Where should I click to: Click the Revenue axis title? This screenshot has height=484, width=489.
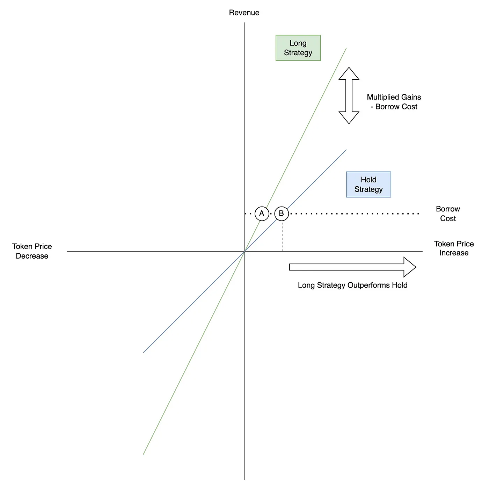(x=244, y=13)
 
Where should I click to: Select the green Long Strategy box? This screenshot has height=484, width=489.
(x=298, y=48)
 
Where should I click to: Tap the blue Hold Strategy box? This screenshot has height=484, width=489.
(x=368, y=185)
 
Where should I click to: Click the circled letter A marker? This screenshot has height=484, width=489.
(x=262, y=214)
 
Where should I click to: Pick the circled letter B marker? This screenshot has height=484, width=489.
(x=282, y=214)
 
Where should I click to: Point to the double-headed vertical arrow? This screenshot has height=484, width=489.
(x=349, y=95)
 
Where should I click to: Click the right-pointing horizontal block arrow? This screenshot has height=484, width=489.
(x=352, y=267)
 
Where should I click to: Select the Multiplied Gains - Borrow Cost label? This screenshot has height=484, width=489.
(x=394, y=102)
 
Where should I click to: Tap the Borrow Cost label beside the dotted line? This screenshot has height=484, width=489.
(x=448, y=214)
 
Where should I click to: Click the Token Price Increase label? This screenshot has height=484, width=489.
(x=454, y=248)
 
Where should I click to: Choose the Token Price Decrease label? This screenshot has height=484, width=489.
(x=32, y=251)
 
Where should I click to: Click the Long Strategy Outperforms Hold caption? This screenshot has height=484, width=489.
(x=352, y=285)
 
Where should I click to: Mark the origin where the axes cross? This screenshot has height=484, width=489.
(x=245, y=251)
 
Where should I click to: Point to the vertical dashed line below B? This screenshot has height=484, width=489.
(x=283, y=236)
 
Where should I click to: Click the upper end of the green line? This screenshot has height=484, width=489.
(x=346, y=48)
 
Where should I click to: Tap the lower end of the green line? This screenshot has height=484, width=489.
(x=143, y=454)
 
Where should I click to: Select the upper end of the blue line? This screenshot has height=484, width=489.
(x=346, y=150)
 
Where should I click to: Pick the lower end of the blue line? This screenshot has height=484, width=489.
(x=143, y=353)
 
